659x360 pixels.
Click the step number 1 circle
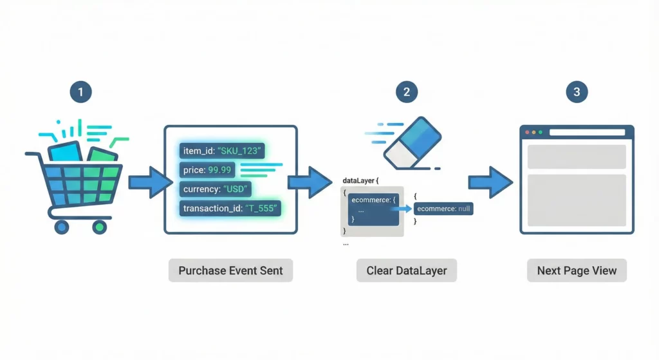80,92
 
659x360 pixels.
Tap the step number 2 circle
406,92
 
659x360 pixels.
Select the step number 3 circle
577,92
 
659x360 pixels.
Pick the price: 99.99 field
208,170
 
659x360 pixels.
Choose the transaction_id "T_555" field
232,209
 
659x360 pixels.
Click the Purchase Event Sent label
230,270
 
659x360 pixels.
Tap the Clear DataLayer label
406,270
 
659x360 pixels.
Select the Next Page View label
577,270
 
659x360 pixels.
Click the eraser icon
413,142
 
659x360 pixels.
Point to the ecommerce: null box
444,209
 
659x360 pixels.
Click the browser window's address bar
586,133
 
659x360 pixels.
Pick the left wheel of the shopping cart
62,226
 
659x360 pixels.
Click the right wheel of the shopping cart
99,226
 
